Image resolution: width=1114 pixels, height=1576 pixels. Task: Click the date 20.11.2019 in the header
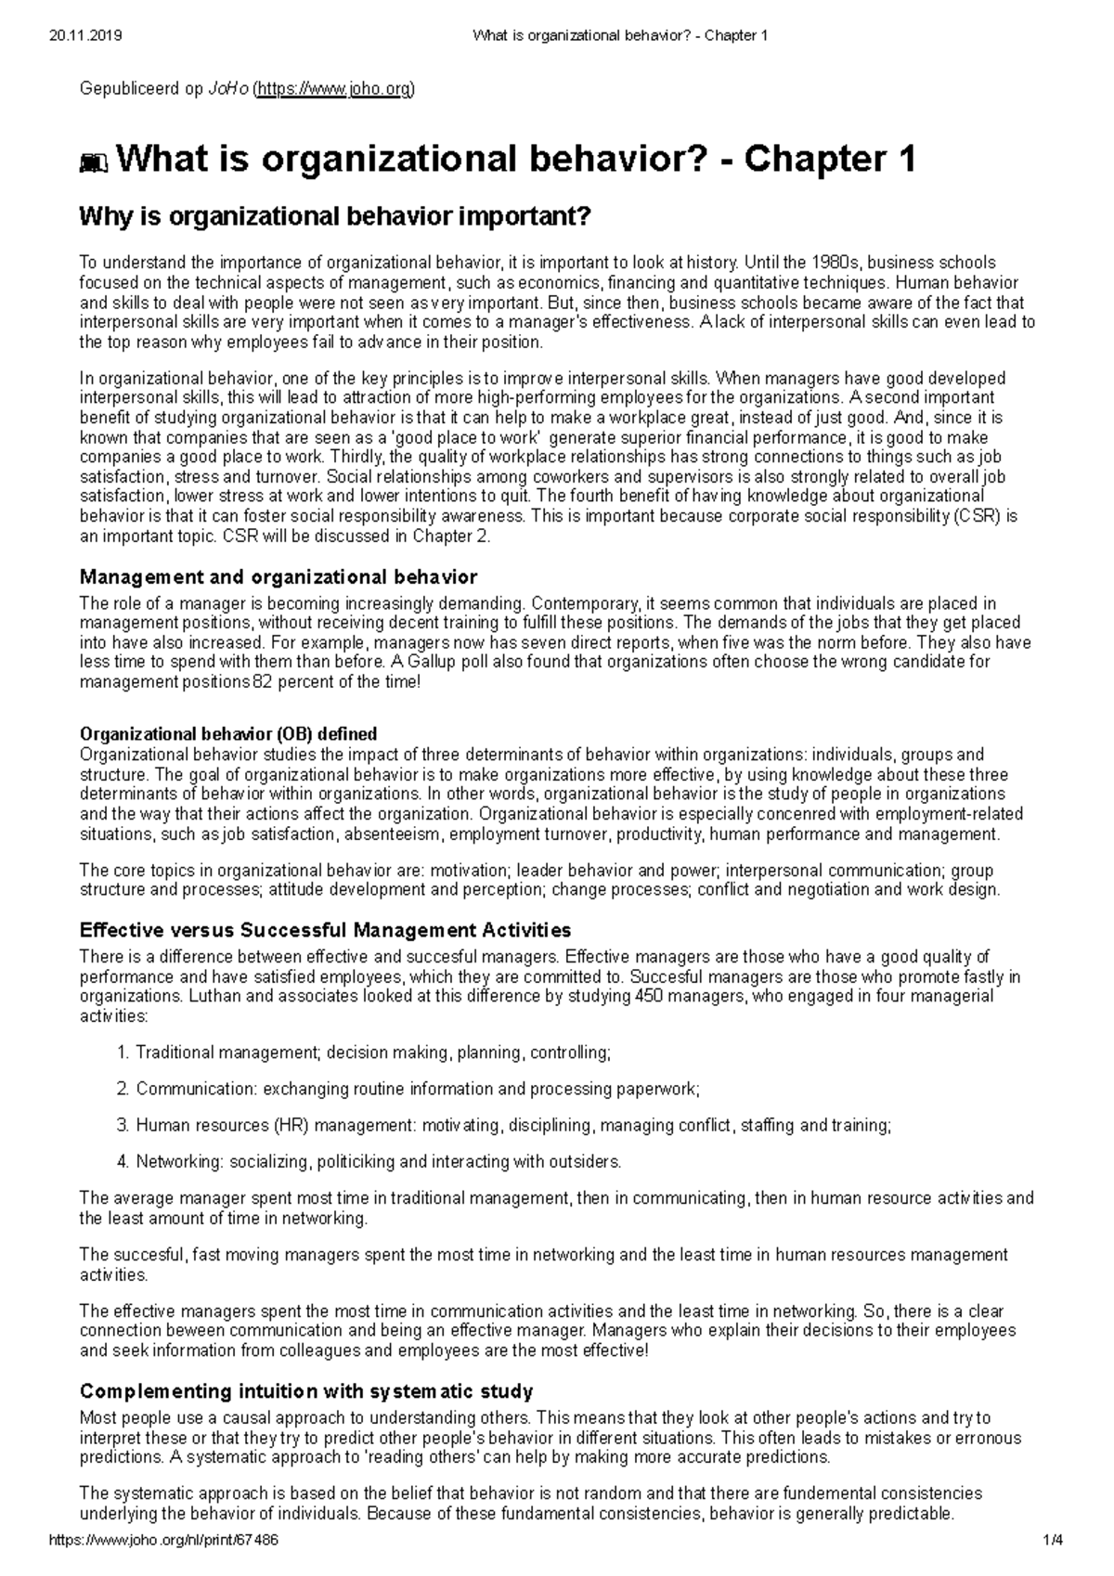(x=84, y=36)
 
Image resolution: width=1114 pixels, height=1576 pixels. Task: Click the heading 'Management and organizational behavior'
(x=278, y=578)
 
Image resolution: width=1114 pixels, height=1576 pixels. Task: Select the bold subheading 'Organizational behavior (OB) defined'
(x=228, y=734)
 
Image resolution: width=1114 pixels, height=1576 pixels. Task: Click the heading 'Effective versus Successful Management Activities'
(x=325, y=930)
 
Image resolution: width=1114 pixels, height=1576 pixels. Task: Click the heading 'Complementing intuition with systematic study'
(x=306, y=1391)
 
